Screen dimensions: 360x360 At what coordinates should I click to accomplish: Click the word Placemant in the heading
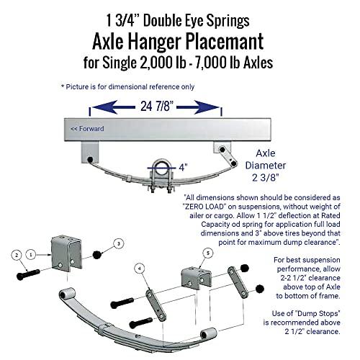click(x=225, y=42)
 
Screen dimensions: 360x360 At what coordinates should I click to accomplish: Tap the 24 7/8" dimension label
click(x=157, y=106)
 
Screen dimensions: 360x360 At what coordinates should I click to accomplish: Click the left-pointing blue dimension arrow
click(x=114, y=107)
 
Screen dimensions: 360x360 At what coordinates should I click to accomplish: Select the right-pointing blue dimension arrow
click(x=198, y=107)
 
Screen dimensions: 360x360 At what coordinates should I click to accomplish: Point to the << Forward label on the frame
click(x=87, y=129)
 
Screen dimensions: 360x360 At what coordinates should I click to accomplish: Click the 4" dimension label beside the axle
click(x=183, y=167)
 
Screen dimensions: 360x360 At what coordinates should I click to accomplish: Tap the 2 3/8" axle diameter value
click(x=266, y=178)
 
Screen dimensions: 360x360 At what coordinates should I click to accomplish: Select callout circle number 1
click(x=31, y=255)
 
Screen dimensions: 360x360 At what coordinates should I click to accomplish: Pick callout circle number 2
click(x=17, y=255)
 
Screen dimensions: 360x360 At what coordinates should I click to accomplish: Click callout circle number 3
click(x=119, y=244)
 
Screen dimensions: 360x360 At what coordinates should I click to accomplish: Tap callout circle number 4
click(x=140, y=269)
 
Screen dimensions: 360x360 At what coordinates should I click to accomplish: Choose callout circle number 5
click(x=208, y=253)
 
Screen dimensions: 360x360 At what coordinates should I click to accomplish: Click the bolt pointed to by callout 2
click(x=28, y=274)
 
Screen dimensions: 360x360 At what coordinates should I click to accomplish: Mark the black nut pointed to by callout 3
click(x=96, y=255)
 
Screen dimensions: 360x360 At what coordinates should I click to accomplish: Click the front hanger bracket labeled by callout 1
click(x=67, y=253)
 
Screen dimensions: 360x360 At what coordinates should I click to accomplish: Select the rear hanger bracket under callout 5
click(x=197, y=278)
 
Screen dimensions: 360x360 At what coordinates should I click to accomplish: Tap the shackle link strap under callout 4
click(x=156, y=305)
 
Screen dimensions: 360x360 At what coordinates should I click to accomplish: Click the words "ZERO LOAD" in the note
click(x=204, y=207)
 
